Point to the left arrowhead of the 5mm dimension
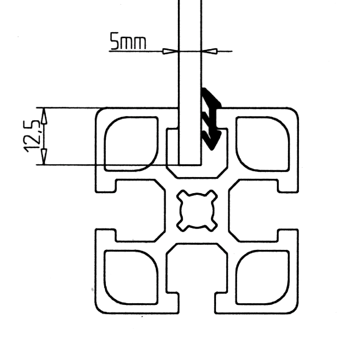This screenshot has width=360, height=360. click(x=170, y=51)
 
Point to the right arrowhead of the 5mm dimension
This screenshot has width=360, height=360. click(x=210, y=51)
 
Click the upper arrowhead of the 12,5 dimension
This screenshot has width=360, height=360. click(x=43, y=116)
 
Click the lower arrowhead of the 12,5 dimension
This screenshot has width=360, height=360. click(x=43, y=157)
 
